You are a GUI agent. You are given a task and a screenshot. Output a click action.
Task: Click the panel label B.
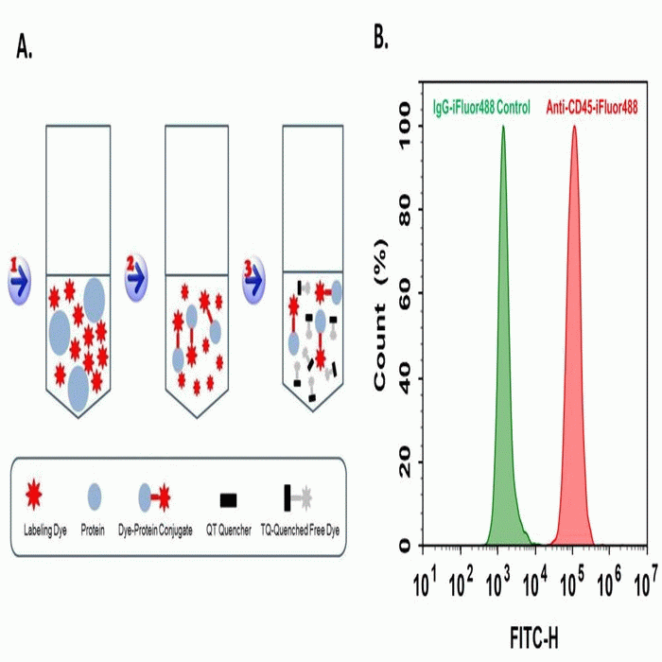(x=381, y=39)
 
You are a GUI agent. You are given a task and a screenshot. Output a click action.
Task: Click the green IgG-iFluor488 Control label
(x=481, y=108)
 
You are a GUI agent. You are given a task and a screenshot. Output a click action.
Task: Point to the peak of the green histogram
(x=503, y=127)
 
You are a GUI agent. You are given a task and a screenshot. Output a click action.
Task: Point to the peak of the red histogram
(x=573, y=127)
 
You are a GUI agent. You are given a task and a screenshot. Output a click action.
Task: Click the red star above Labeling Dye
(x=58, y=494)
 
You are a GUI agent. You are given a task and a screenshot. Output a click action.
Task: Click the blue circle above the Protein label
(x=95, y=495)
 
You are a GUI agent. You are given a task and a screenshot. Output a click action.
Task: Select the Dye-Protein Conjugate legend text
(x=156, y=531)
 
